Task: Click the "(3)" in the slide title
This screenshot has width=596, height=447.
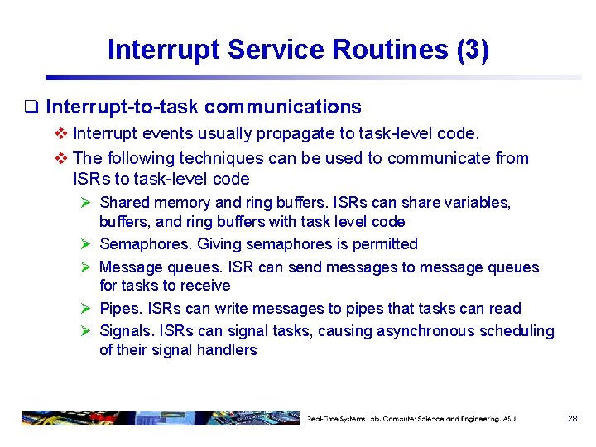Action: click(472, 50)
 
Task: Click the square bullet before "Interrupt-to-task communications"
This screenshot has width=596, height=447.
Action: click(32, 108)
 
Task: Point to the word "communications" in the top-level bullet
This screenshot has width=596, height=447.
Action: click(283, 107)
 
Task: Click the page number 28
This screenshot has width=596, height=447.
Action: click(572, 419)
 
